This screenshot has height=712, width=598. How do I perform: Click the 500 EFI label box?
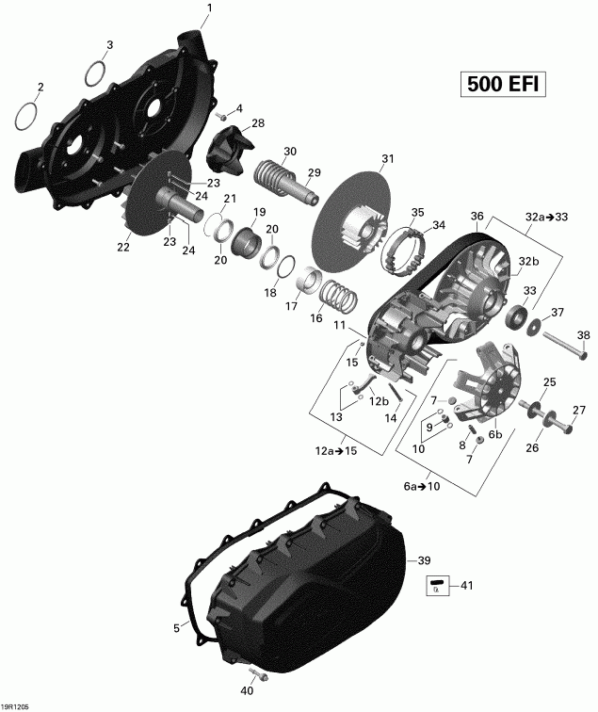coord(504,84)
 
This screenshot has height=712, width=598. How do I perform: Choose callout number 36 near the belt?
coord(477,216)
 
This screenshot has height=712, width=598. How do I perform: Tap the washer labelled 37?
coord(535,326)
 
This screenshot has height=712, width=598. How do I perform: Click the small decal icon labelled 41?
coord(435,587)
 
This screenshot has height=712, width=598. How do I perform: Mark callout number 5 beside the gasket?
coord(175,628)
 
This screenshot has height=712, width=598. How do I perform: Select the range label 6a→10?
coord(421,487)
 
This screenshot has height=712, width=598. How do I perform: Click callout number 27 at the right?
coord(578,410)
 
